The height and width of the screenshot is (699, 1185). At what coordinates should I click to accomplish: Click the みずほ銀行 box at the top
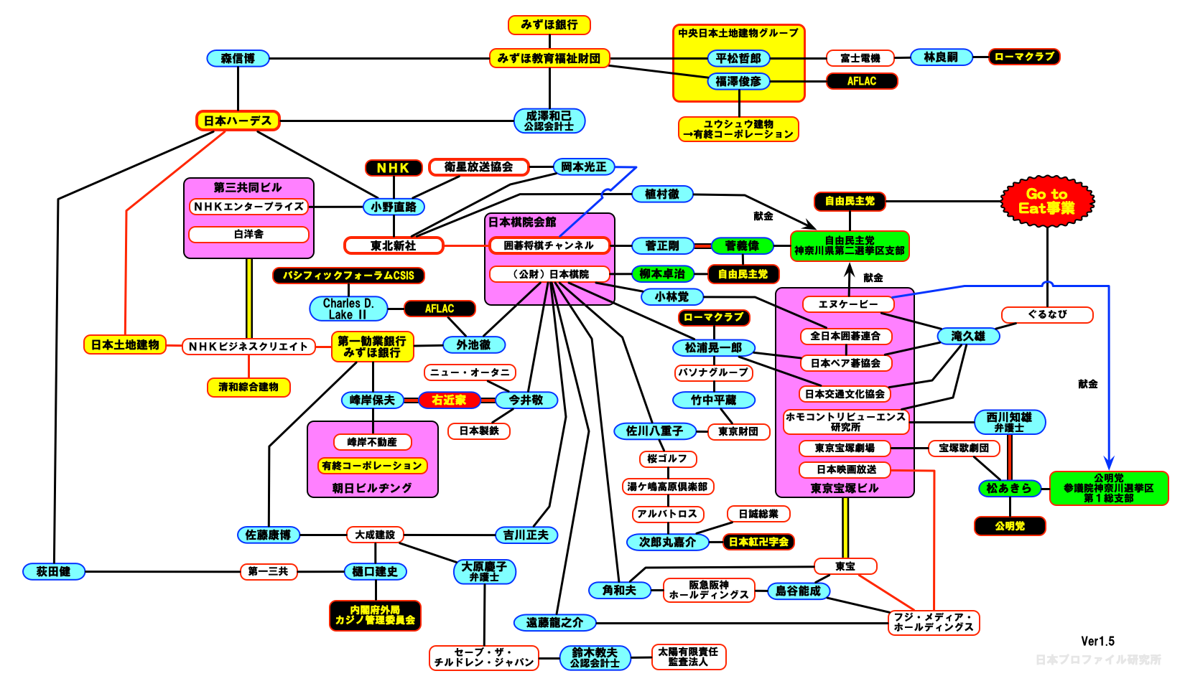(x=549, y=25)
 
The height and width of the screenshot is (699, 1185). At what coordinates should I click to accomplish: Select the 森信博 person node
(x=238, y=58)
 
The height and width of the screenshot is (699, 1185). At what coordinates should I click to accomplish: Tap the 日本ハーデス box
(x=238, y=121)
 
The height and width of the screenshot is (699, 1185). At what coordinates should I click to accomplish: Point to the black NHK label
(x=393, y=168)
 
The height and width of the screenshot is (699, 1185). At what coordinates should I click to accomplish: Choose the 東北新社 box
(x=393, y=245)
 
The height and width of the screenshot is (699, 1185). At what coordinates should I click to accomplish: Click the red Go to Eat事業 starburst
(x=1047, y=201)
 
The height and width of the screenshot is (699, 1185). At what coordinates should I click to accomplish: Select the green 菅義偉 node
(x=742, y=246)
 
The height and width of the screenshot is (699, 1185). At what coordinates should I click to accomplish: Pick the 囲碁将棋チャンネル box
(x=549, y=245)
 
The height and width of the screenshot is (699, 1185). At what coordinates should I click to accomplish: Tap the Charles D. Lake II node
(x=348, y=309)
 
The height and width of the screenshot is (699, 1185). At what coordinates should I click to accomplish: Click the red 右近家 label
(x=449, y=400)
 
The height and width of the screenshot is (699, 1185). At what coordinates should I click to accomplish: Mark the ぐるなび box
(x=1047, y=314)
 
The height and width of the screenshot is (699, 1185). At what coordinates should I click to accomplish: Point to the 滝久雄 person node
(x=968, y=336)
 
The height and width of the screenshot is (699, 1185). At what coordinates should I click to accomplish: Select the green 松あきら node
(x=1008, y=488)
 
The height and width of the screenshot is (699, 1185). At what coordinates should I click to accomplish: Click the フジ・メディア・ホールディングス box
(x=934, y=622)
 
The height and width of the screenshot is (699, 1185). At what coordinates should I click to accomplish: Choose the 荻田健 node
(x=54, y=571)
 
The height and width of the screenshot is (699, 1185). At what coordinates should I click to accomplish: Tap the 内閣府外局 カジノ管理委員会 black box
(x=375, y=615)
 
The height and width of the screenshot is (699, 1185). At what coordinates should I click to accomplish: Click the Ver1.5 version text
(x=1097, y=641)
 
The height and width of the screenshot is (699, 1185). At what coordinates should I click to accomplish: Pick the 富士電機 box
(x=860, y=58)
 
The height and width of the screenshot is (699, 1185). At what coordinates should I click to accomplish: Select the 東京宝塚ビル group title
(x=845, y=489)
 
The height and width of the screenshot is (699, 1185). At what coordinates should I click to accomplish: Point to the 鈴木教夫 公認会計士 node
(x=595, y=657)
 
